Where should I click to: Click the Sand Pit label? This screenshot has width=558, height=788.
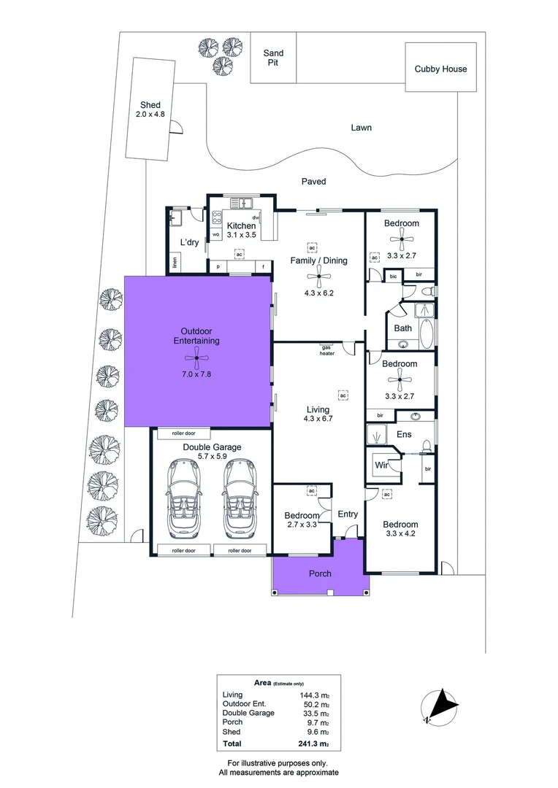(274, 58)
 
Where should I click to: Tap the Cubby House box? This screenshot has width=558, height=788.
(440, 69)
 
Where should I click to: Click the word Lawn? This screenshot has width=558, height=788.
(361, 128)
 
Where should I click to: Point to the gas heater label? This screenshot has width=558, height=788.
(326, 351)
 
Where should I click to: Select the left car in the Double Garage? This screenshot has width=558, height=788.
(183, 496)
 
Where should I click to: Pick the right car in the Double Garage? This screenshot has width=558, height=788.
(239, 496)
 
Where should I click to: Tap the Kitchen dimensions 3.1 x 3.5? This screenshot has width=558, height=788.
(241, 236)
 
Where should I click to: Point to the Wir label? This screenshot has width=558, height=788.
(381, 465)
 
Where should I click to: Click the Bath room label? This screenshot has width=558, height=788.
(403, 328)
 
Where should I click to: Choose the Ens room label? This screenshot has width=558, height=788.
(404, 435)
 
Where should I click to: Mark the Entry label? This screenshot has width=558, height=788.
(348, 514)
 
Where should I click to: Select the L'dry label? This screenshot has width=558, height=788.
(190, 243)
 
